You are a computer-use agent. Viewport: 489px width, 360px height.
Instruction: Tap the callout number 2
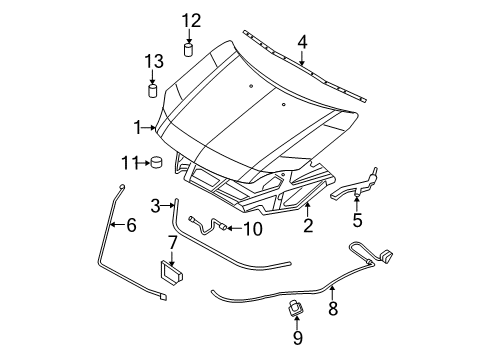tap(308, 226)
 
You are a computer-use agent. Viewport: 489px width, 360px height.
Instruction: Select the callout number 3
tap(156, 206)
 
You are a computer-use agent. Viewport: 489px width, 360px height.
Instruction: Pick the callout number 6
tap(130, 225)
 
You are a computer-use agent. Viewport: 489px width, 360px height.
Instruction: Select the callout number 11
tap(128, 163)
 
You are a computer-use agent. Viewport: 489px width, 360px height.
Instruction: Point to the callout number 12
tap(190, 20)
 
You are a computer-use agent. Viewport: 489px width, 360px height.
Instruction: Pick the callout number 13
tap(153, 62)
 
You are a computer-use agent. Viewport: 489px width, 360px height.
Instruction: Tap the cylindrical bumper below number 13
tap(154, 91)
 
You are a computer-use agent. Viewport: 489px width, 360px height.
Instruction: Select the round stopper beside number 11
tap(156, 163)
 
